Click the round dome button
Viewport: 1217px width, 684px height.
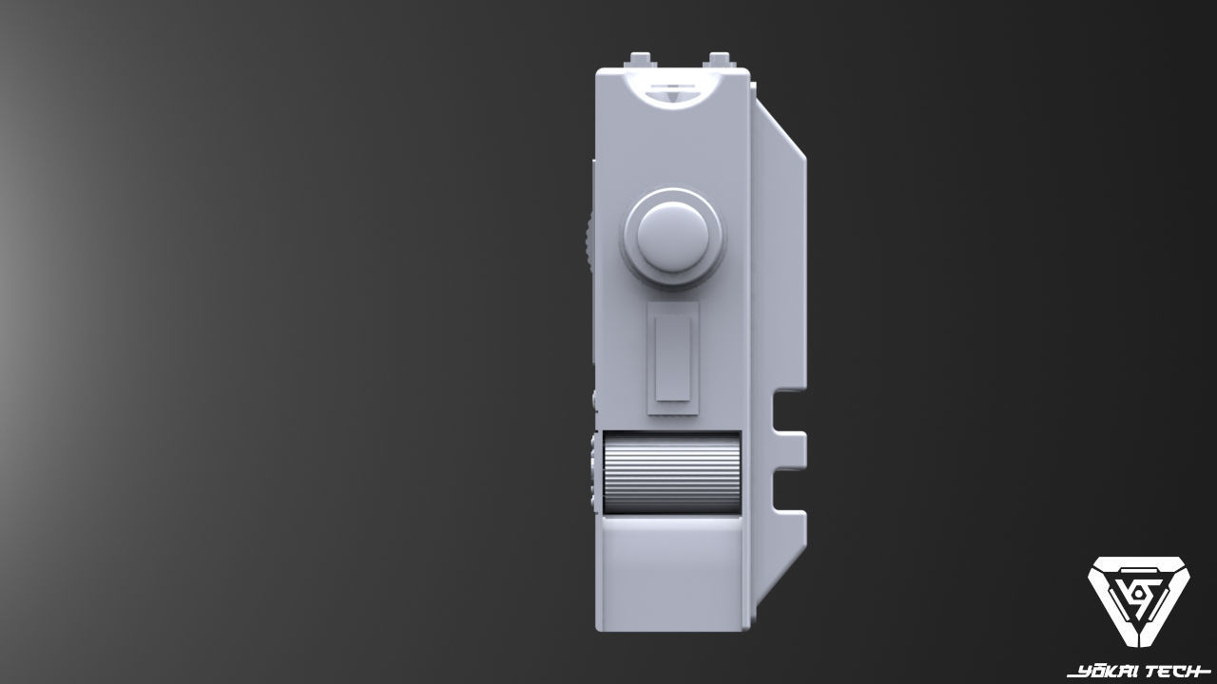click(x=673, y=235)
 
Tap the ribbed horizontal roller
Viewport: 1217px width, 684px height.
click(x=671, y=473)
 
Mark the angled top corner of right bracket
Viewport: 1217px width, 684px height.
click(x=782, y=124)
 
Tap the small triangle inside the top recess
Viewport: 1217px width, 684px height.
click(x=673, y=94)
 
